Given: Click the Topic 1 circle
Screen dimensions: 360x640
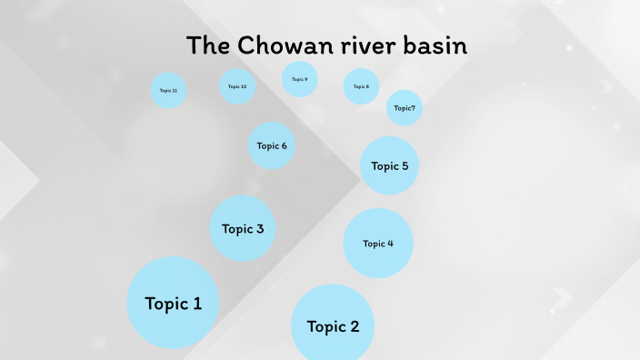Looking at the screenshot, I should coord(173,303).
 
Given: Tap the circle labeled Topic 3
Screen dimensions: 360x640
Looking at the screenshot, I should coord(243,229).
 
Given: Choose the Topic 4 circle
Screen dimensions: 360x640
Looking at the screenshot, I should coord(378,244).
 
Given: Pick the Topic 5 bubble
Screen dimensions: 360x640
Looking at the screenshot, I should coord(390,166).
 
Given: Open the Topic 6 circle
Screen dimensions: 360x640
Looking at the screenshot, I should coord(272,145).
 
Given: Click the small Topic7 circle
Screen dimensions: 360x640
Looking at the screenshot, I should coord(405,108).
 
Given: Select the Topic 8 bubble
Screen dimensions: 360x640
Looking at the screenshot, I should coord(361,86).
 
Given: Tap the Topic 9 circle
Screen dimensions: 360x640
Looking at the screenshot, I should coord(299,79).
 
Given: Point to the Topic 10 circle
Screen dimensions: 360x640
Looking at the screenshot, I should coord(237,86).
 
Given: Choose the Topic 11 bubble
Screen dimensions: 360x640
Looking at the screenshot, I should coord(168,91).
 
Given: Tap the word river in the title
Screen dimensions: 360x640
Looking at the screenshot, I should coord(362,45).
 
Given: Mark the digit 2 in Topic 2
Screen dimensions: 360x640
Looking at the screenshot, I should coord(354,327).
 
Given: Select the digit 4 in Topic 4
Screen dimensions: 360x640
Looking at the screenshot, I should coord(391,244).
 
